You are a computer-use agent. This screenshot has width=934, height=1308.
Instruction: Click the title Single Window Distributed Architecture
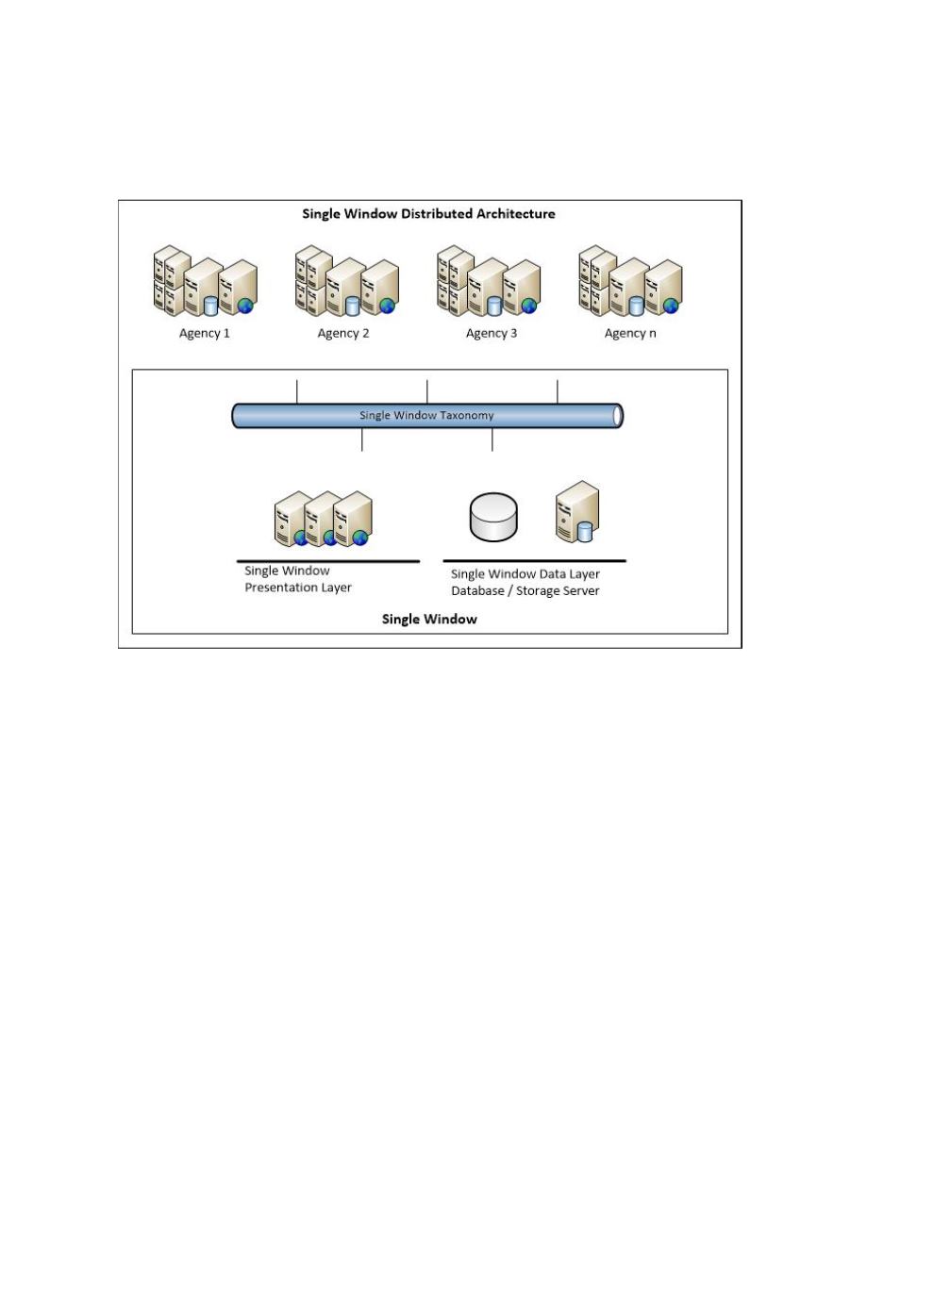[x=428, y=214]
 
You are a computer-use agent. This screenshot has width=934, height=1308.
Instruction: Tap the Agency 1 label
[x=205, y=333]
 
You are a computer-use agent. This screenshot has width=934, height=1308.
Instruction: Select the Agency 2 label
[x=343, y=333]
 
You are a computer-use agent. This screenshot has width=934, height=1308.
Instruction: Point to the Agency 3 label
[x=492, y=333]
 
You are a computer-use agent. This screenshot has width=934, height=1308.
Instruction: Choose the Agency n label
[x=630, y=333]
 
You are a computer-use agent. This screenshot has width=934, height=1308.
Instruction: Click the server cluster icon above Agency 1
[x=206, y=281]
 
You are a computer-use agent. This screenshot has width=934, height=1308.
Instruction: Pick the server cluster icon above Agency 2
[x=346, y=281]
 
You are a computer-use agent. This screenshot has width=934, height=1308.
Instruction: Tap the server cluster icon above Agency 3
[x=489, y=281]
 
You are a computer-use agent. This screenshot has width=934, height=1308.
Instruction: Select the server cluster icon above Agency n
[x=630, y=281]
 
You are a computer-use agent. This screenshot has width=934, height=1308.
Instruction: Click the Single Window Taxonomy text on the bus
[x=426, y=415]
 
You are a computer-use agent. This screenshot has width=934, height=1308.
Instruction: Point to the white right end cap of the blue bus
[x=618, y=416]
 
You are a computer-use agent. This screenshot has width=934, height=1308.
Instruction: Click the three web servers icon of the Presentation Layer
[x=324, y=519]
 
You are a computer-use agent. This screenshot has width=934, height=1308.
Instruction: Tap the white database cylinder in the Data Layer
[x=493, y=518]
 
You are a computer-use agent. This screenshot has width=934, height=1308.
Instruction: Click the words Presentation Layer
[x=298, y=588]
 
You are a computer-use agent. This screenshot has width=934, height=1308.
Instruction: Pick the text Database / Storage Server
[x=525, y=591]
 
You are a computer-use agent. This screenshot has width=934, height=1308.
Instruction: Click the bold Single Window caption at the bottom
[x=429, y=620]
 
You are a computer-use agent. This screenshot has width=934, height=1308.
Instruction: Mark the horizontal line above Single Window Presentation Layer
[x=327, y=561]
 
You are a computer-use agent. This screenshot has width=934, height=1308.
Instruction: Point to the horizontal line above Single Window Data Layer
[x=534, y=561]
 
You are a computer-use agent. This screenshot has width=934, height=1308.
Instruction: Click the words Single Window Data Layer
[x=525, y=574]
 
